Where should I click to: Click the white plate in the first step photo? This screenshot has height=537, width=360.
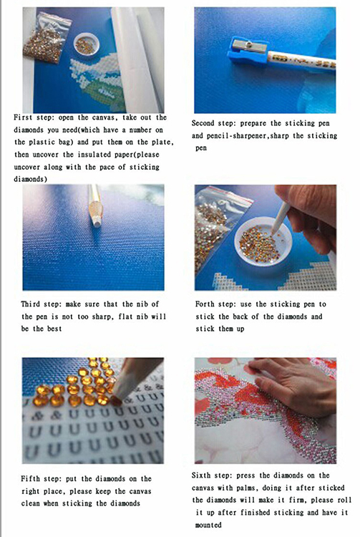87,44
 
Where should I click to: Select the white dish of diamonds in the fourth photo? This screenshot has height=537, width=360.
263,242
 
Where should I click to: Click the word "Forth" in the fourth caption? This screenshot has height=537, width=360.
205,304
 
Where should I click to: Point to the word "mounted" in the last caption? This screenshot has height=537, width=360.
208,525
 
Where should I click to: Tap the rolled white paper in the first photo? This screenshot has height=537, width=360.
137,58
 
